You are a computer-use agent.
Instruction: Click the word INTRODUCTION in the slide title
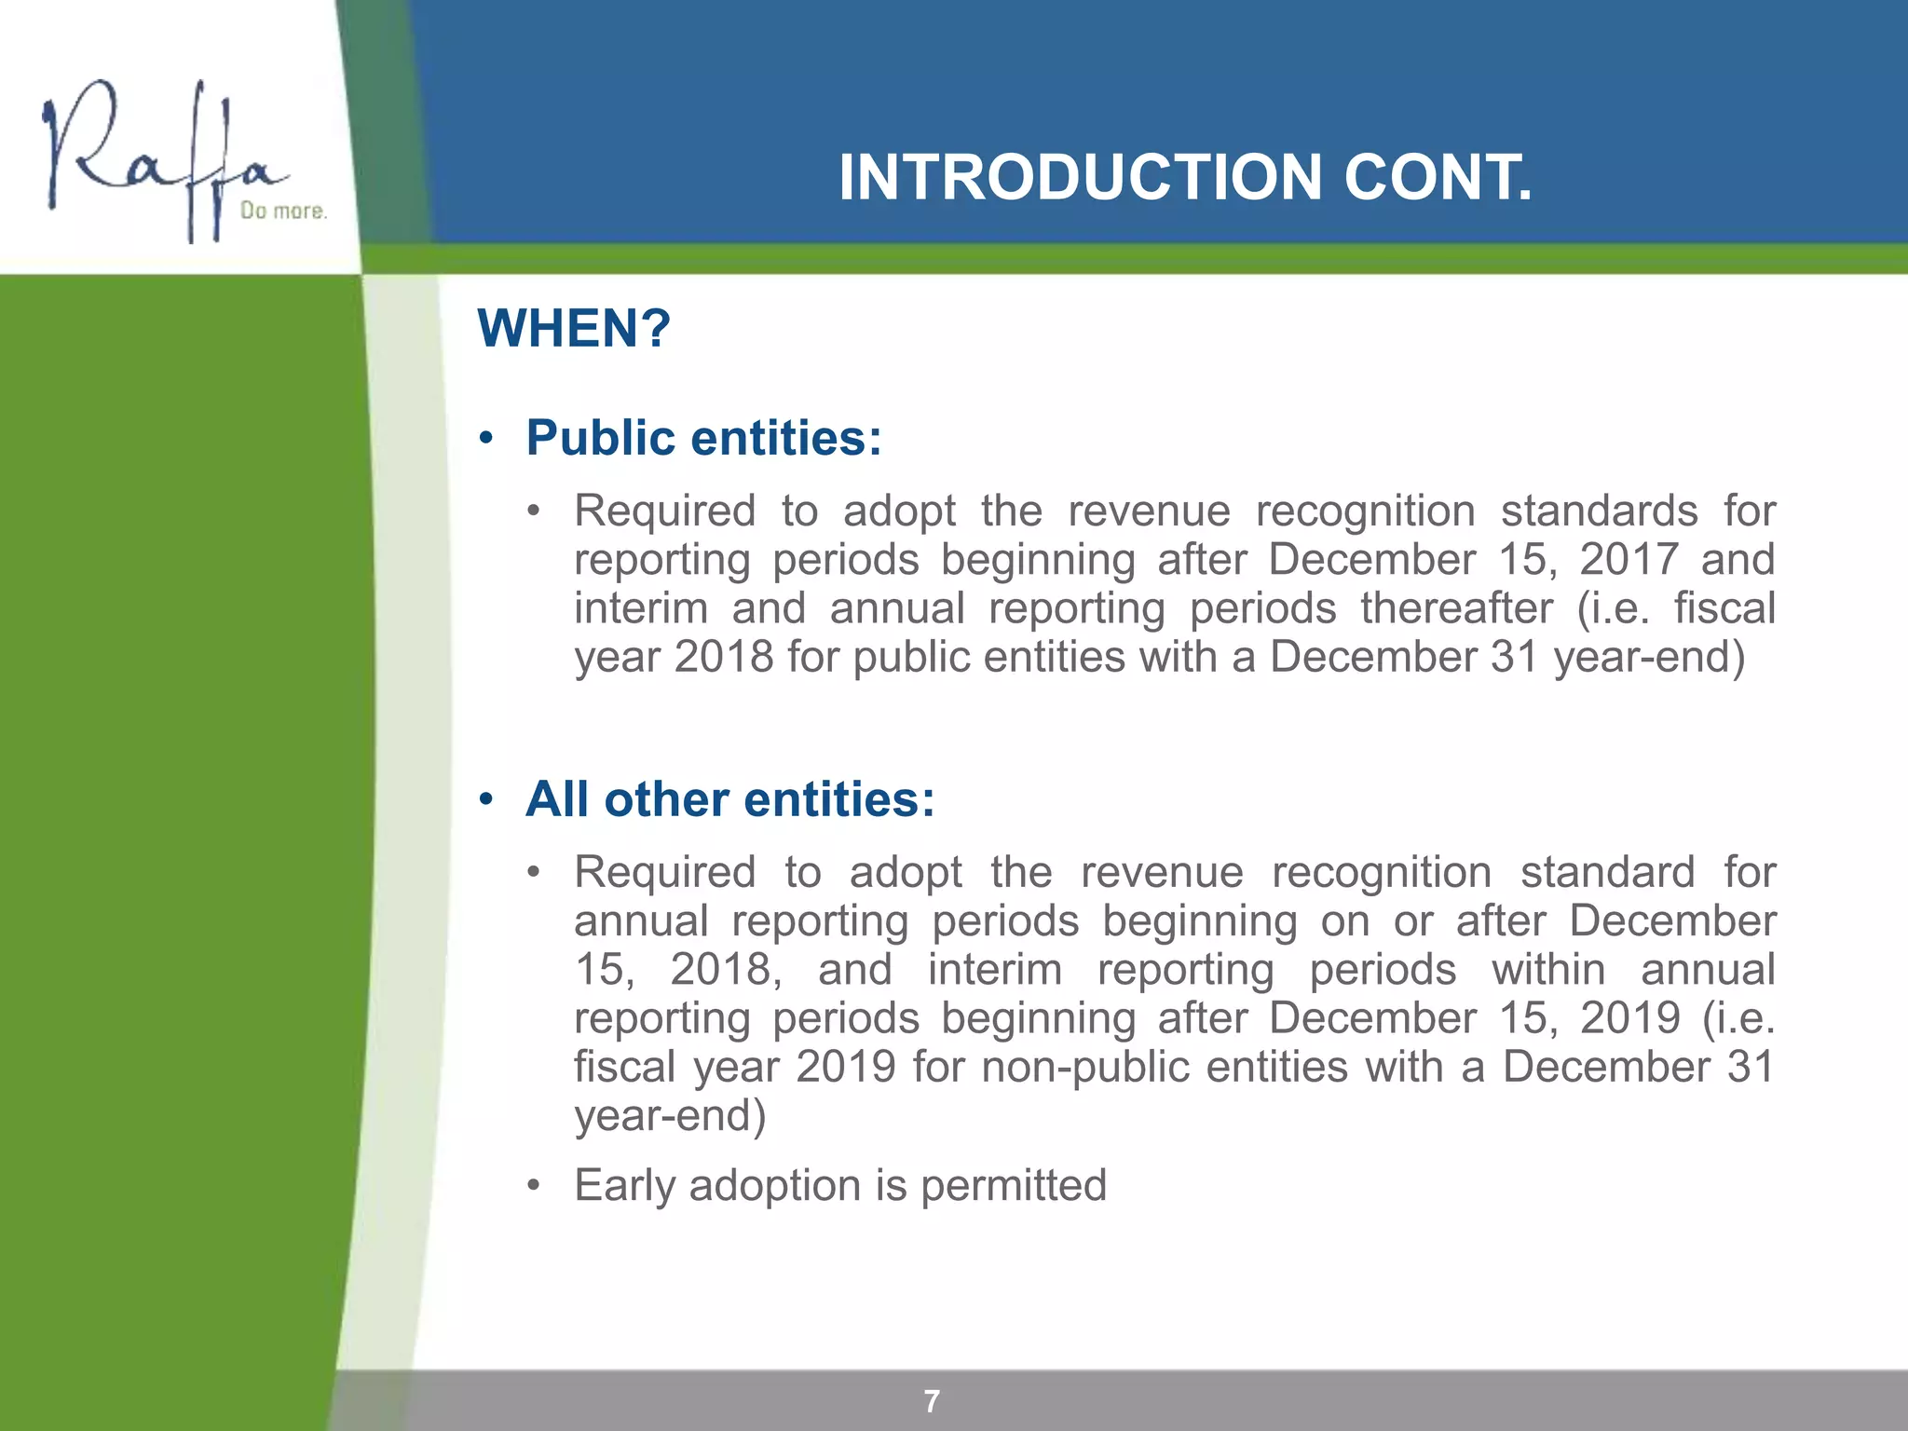(x=1080, y=177)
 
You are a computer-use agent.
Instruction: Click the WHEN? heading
(x=574, y=328)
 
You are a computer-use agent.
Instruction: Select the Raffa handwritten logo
(x=163, y=158)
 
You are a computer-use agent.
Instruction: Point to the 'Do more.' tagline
(x=283, y=211)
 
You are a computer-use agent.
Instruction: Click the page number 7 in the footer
(x=932, y=1401)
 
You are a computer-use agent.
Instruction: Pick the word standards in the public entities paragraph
(x=1599, y=511)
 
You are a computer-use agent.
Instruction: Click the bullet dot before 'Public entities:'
(x=485, y=439)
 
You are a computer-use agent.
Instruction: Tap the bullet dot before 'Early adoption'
(x=533, y=1186)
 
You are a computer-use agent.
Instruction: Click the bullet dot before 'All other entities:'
(x=485, y=800)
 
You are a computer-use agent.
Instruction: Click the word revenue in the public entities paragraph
(x=1149, y=511)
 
